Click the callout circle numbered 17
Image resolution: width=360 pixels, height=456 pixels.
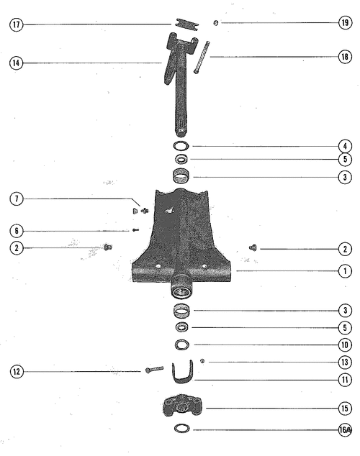click(17, 24)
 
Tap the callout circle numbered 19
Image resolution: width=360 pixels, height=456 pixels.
click(345, 23)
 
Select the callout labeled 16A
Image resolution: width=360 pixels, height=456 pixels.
click(345, 429)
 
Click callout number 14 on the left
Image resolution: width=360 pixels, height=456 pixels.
click(17, 63)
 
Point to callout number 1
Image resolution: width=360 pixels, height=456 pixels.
click(345, 271)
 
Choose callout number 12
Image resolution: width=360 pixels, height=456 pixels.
click(17, 371)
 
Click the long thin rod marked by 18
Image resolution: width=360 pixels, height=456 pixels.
click(202, 57)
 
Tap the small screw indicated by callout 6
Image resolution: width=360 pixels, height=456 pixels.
click(135, 230)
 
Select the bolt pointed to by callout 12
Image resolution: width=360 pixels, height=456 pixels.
click(154, 370)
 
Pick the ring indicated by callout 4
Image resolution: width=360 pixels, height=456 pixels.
click(181, 146)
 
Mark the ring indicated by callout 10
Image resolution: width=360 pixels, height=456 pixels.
click(182, 345)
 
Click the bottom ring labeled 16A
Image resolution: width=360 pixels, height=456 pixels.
click(182, 429)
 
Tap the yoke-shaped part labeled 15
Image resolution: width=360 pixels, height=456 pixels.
click(182, 406)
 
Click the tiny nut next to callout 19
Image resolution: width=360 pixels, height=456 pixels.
click(216, 23)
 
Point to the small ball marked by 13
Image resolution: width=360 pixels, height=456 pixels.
click(202, 361)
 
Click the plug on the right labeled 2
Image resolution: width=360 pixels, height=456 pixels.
click(253, 247)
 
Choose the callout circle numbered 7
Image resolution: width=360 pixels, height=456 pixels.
click(17, 199)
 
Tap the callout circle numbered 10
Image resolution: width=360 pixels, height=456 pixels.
click(345, 345)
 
